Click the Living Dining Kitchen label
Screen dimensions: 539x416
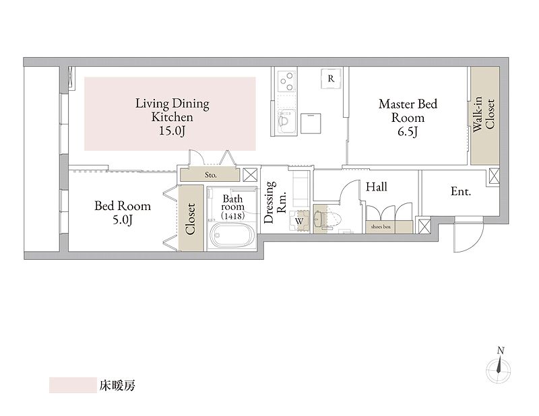(172, 117)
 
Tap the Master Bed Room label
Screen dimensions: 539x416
(408, 118)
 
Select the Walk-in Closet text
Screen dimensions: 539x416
(484, 114)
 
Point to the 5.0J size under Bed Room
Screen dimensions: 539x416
(123, 220)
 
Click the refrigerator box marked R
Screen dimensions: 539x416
(331, 79)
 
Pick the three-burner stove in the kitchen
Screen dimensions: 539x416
(286, 81)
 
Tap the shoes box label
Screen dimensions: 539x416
(381, 227)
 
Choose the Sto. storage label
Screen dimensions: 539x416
(211, 175)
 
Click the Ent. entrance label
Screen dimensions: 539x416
(461, 192)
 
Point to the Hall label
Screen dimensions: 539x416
(377, 187)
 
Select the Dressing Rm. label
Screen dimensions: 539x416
(276, 202)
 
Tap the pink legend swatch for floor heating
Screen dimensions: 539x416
(73, 385)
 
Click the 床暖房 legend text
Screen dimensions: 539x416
(117, 386)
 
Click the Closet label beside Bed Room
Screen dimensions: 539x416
(191, 219)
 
